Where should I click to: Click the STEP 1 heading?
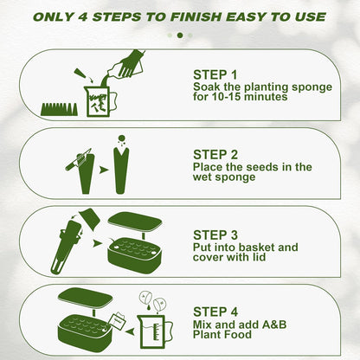[215, 75]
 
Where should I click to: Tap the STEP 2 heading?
[215, 155]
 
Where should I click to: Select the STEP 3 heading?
[215, 235]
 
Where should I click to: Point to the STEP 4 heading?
[215, 312]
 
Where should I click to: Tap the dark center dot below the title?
[180, 35]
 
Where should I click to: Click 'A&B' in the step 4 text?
[274, 325]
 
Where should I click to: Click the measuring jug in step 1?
[100, 100]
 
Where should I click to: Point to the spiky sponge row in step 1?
[60, 109]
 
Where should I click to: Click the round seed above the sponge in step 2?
[122, 138]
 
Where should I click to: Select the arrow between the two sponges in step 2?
[103, 170]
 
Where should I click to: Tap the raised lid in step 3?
[135, 222]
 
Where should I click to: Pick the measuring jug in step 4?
[155, 331]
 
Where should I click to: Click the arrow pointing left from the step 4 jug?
[130, 331]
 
